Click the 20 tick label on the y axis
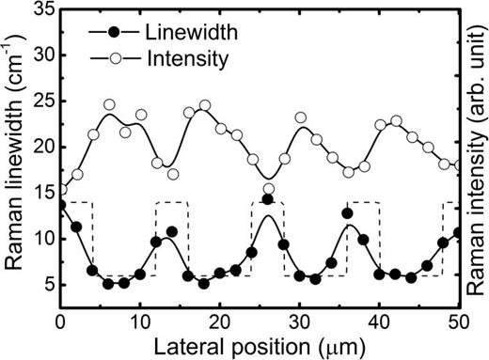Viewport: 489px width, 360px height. (x=42, y=147)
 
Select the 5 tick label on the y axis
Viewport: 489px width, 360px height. (x=47, y=285)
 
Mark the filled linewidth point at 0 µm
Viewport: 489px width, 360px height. (x=61, y=205)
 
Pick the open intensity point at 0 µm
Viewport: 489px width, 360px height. (x=61, y=190)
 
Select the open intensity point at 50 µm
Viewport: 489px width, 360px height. (x=459, y=165)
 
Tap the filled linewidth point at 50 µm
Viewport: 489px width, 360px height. (x=459, y=232)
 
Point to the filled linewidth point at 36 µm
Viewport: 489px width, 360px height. (x=348, y=213)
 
